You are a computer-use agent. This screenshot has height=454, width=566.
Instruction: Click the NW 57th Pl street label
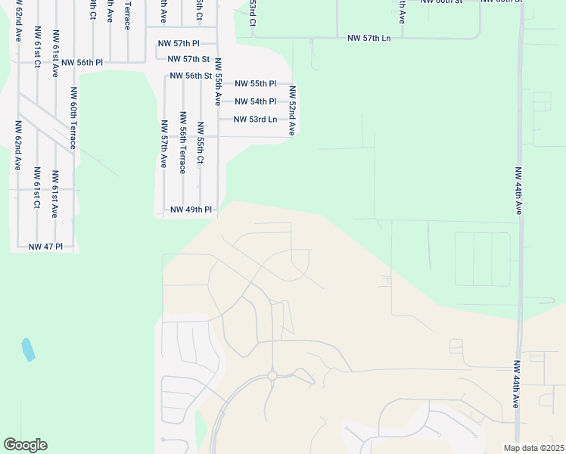tap(178, 44)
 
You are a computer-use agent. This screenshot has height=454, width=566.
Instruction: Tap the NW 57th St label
tap(188, 59)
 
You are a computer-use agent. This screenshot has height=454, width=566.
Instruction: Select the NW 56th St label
tap(190, 76)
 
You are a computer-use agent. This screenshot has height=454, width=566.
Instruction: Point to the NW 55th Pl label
tap(255, 84)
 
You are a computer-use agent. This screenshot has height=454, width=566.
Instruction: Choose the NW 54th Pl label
tap(255, 101)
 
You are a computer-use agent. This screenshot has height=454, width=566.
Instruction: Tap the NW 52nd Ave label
tap(291, 110)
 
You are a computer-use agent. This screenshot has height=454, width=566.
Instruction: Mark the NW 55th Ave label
tap(217, 81)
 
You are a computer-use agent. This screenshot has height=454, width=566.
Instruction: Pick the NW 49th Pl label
tap(191, 210)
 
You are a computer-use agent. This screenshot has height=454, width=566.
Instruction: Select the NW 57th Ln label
tap(369, 38)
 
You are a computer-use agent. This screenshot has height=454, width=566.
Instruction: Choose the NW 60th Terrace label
tap(74, 117)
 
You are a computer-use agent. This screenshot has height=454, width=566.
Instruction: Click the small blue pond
tap(28, 350)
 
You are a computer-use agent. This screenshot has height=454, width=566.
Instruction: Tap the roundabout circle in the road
tap(272, 376)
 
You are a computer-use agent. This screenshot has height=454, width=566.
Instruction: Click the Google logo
tap(25, 445)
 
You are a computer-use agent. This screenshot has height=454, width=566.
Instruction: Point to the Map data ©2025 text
tap(533, 448)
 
